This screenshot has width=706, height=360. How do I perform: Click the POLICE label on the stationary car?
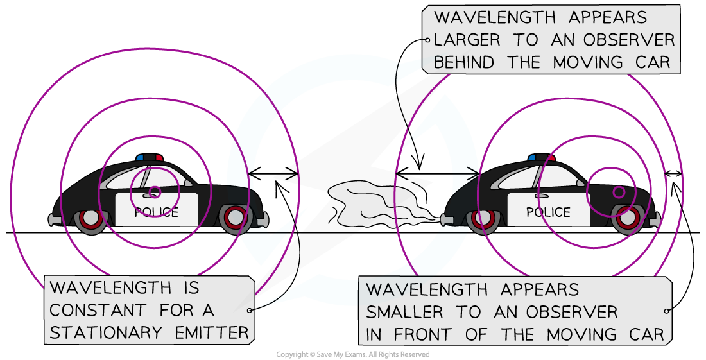[x=156, y=212]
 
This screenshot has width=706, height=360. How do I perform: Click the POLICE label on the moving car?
[x=548, y=212]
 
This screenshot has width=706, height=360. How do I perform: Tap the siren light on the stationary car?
[x=150, y=157]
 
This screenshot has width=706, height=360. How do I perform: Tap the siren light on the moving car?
[x=541, y=157]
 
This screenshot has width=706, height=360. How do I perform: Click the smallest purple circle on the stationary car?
[x=154, y=191]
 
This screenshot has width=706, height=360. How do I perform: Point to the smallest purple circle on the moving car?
[x=619, y=192]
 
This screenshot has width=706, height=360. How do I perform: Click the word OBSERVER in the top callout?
[x=629, y=40]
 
